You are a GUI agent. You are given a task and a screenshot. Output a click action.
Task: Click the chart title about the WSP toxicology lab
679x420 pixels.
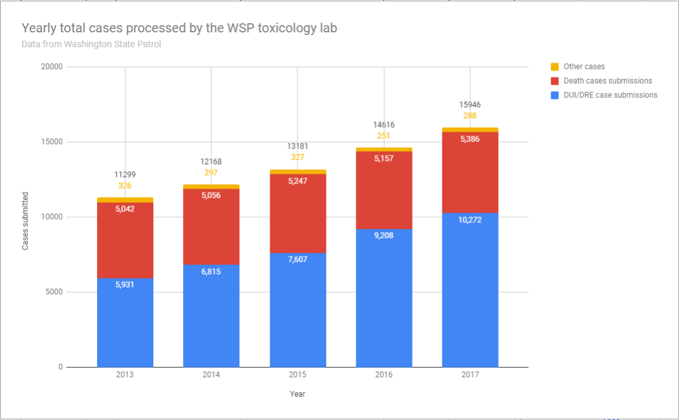click(179, 28)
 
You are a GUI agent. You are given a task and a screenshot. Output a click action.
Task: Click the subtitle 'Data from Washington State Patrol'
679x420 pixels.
click(91, 45)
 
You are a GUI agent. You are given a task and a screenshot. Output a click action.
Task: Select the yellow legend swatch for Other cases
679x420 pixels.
click(554, 67)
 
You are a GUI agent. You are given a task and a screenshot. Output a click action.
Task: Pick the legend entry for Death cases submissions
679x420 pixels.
click(607, 81)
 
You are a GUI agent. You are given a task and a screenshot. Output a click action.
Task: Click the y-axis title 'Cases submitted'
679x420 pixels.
click(25, 221)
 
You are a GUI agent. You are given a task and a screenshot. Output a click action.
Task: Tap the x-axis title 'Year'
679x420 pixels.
click(297, 394)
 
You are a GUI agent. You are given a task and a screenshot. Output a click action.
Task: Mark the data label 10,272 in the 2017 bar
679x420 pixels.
click(470, 220)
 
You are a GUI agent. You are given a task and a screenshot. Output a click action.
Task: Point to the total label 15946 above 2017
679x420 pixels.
click(470, 105)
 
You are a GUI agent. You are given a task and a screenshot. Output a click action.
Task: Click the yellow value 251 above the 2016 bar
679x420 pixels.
click(384, 136)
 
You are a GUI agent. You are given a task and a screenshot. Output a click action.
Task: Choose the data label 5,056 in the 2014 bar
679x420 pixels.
click(211, 196)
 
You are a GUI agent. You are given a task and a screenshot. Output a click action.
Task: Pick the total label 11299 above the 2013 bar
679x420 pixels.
click(125, 174)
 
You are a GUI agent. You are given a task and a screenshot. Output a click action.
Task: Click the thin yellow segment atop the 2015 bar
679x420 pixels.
click(297, 172)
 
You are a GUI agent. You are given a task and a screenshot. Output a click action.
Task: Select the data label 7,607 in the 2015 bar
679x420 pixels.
click(297, 260)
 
